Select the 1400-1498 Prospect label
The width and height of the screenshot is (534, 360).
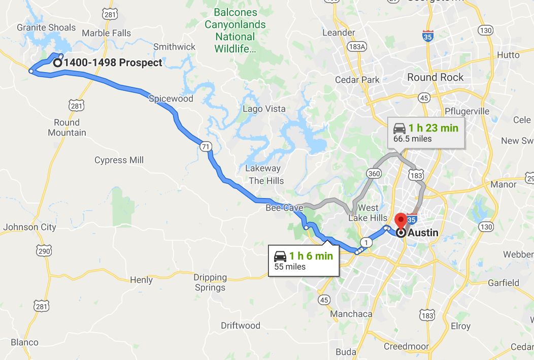pos(113,63)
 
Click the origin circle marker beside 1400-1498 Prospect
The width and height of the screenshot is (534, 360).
pos(57,63)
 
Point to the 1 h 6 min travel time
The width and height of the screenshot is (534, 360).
pos(311,256)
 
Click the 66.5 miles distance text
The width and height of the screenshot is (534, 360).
pos(412,138)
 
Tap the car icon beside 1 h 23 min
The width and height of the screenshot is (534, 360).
pos(399,128)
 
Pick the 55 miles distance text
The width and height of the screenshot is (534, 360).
pos(290,267)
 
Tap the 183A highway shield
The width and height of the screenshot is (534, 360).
pos(357,46)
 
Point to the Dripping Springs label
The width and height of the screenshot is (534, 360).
pos(210,282)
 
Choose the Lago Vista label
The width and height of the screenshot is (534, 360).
pos(264,109)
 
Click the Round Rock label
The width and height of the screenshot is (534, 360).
pos(436,77)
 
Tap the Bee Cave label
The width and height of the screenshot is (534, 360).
pos(281,208)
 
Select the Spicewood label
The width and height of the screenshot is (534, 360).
pos(171,99)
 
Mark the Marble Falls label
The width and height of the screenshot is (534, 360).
pos(106,33)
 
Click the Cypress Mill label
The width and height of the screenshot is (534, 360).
pos(119,160)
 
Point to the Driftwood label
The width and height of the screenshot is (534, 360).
pos(241,325)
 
